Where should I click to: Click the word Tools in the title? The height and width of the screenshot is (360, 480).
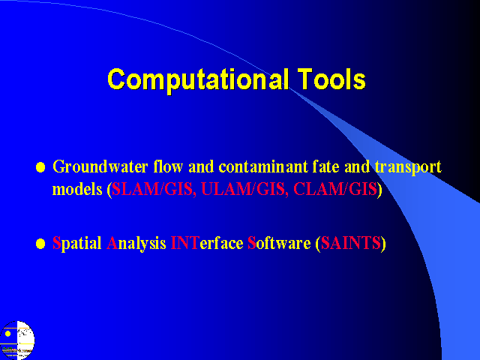pos(331,79)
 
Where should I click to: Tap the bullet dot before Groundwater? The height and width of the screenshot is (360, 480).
pos(40,167)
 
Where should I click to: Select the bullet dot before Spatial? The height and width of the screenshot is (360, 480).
pos(40,244)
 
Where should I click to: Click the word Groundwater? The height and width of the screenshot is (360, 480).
pos(100,167)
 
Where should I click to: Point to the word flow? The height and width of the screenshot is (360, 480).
pos(168,166)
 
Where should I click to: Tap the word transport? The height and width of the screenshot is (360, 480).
pos(408,168)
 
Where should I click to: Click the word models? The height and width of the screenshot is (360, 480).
pos(77,189)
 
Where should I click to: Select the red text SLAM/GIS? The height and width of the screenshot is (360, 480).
pos(152,189)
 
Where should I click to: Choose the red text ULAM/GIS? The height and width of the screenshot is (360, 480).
pos(243,189)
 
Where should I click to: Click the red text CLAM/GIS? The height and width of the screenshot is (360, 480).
pos(335,189)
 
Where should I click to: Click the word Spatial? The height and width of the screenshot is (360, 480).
pos(76,244)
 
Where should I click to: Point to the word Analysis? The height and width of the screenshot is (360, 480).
pos(136,244)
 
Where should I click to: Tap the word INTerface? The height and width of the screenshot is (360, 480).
pos(207,243)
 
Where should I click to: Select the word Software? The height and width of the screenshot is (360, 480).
pos(279,243)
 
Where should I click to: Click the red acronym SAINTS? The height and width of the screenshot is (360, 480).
pos(350,243)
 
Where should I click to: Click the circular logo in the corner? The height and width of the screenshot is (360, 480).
pos(17,340)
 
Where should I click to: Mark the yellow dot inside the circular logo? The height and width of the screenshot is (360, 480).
pos(8,334)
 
